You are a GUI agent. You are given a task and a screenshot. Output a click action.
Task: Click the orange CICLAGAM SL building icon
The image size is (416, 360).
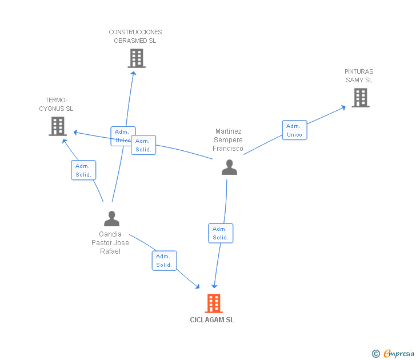pyautogui.click(x=214, y=303)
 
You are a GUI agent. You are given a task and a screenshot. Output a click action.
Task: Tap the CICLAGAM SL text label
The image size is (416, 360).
pyautogui.click(x=212, y=320)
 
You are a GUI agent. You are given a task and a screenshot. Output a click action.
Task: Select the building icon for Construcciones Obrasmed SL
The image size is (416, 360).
pyautogui.click(x=137, y=58)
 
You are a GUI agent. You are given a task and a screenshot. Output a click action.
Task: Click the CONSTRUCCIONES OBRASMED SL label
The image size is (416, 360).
pyautogui.click(x=135, y=37)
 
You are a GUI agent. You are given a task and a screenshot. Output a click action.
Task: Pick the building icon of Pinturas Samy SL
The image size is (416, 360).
pyautogui.click(x=361, y=98)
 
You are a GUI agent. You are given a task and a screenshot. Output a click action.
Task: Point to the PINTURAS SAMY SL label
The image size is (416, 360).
pyautogui.click(x=359, y=75)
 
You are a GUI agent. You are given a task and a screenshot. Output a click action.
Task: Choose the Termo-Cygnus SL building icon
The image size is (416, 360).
pyautogui.click(x=58, y=126)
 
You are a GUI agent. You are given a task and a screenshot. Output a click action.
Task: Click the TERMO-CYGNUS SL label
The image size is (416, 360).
pyautogui.click(x=56, y=104)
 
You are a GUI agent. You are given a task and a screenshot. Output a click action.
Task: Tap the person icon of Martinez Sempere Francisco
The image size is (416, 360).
pyautogui.click(x=229, y=167)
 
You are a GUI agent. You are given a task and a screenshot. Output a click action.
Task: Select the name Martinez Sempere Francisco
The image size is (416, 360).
pyautogui.click(x=228, y=140)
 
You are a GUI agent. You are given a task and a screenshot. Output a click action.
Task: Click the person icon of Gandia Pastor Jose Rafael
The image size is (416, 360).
pyautogui.click(x=111, y=219)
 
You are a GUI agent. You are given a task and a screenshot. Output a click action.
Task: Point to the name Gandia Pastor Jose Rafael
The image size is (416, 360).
pyautogui.click(x=110, y=243)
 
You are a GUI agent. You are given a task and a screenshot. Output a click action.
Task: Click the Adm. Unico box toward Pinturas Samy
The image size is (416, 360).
pyautogui.click(x=294, y=130)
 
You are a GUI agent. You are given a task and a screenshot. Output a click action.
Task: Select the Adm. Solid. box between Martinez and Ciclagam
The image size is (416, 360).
pyautogui.click(x=221, y=233)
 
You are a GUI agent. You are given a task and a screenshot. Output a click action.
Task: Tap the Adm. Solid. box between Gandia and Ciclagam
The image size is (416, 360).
pyautogui.click(x=164, y=261)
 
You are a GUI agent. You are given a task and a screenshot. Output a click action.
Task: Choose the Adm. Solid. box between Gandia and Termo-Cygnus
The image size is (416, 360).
pyautogui.click(x=83, y=170)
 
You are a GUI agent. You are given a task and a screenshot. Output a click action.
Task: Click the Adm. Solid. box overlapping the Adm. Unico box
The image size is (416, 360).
pyautogui.click(x=143, y=145)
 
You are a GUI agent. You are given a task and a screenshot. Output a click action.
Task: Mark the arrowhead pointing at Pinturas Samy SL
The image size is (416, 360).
pyautogui.click(x=343, y=107)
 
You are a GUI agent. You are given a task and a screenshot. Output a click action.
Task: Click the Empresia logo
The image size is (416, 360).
pyautogui.click(x=393, y=354)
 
